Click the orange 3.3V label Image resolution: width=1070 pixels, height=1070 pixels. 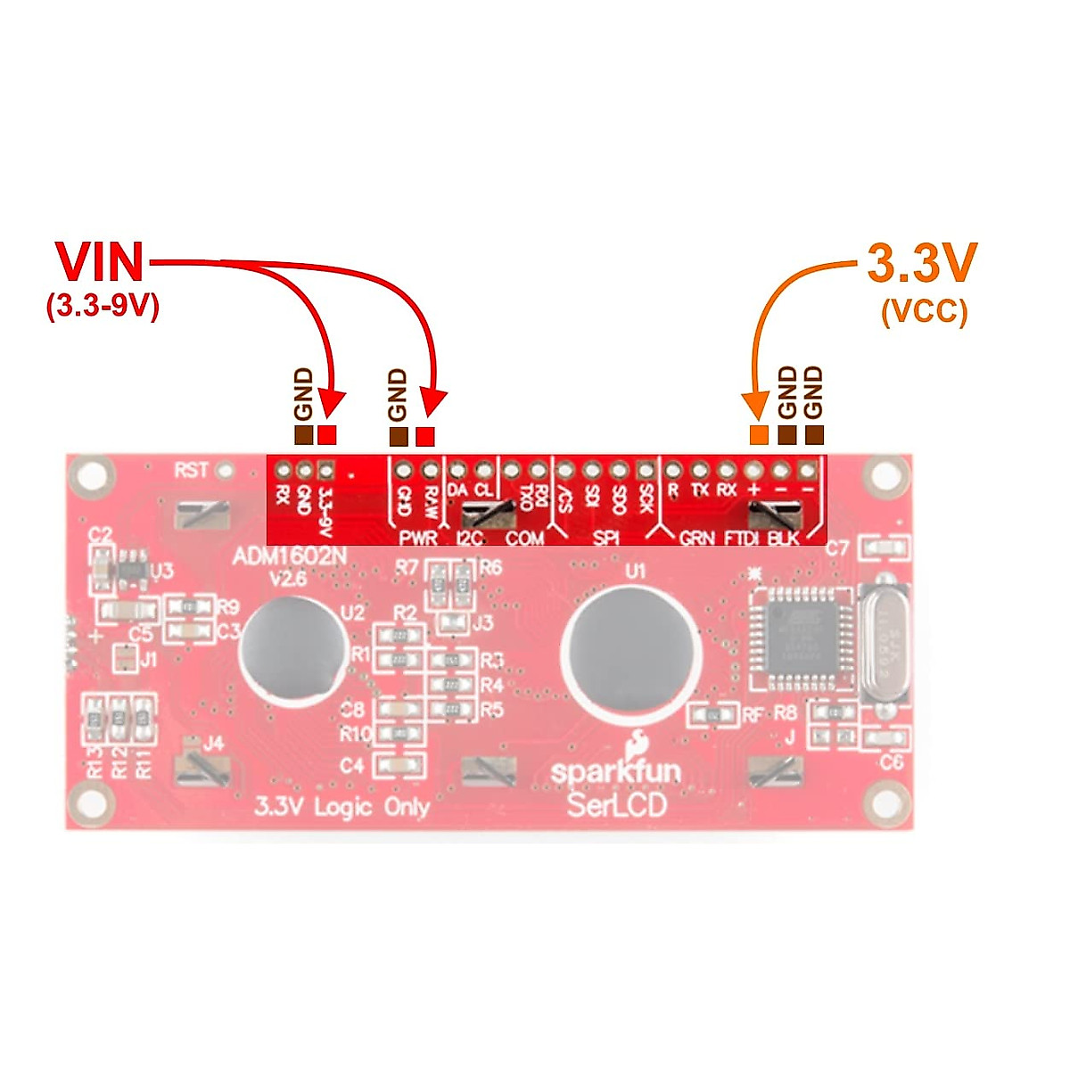click(922, 262)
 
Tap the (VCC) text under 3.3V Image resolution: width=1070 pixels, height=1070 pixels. click(924, 312)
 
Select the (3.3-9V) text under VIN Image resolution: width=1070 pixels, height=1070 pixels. click(102, 307)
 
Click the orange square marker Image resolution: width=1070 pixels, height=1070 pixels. click(759, 435)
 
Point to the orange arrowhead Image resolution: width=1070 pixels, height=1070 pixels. click(756, 407)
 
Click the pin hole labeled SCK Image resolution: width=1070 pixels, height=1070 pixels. click(646, 470)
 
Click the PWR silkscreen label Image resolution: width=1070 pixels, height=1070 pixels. click(417, 539)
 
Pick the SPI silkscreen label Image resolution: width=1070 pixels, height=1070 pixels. click(606, 539)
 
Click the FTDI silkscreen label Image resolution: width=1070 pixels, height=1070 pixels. click(741, 539)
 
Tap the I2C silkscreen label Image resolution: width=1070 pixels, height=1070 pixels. click(469, 539)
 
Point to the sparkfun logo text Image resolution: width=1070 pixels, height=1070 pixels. click(615, 770)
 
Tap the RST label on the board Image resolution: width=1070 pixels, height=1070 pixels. click(192, 470)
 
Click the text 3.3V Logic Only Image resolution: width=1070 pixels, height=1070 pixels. click(342, 807)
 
